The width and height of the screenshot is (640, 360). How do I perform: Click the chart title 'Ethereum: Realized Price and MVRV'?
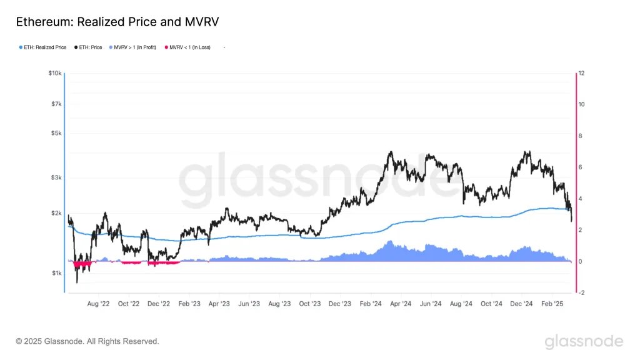pyautogui.click(x=117, y=22)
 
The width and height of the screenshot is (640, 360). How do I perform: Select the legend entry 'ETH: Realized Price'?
pyautogui.click(x=44, y=47)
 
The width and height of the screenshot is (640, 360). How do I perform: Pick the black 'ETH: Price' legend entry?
pyautogui.click(x=88, y=47)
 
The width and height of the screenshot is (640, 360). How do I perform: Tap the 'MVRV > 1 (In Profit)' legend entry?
pyautogui.click(x=134, y=47)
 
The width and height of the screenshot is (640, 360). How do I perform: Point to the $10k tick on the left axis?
pyautogui.click(x=55, y=73)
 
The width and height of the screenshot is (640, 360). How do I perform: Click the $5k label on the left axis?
pyautogui.click(x=56, y=133)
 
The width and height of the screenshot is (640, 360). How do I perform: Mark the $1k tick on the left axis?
pyautogui.click(x=56, y=273)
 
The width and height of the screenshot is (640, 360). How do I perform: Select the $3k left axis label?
pyautogui.click(x=56, y=177)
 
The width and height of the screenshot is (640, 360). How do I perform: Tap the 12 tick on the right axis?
pyautogui.click(x=581, y=73)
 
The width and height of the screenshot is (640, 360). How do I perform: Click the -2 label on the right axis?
pyautogui.click(x=581, y=292)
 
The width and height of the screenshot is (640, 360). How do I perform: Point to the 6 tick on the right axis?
pyautogui.click(x=581, y=167)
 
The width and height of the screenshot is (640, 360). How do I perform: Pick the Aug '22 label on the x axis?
pyautogui.click(x=98, y=304)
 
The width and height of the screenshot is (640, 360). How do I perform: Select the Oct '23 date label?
pyautogui.click(x=310, y=304)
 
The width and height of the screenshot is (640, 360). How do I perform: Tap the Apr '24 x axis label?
pyautogui.click(x=401, y=304)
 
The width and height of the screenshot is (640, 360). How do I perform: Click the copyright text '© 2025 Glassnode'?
pyautogui.click(x=87, y=341)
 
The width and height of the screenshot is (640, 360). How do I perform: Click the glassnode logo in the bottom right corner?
pyautogui.click(x=584, y=341)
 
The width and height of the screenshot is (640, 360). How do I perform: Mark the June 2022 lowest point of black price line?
pyautogui.click(x=77, y=282)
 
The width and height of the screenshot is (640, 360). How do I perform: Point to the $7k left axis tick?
pyautogui.click(x=56, y=104)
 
